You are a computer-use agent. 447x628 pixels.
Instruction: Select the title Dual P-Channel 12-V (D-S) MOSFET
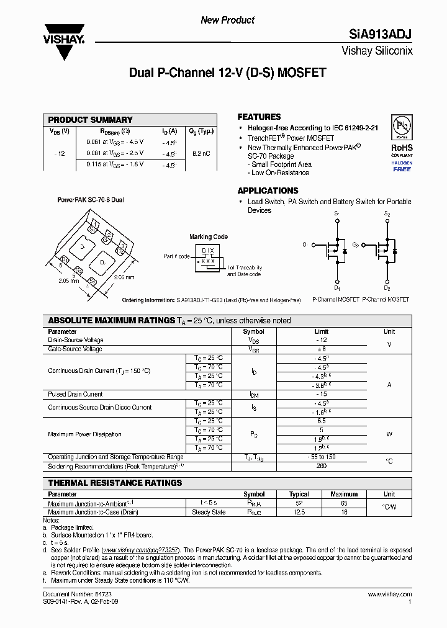[x=227, y=73]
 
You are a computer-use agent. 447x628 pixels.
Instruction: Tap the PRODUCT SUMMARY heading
[x=90, y=120]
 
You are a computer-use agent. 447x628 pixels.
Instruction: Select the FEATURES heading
[x=259, y=117]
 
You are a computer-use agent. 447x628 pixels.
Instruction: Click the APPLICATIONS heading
[x=268, y=191]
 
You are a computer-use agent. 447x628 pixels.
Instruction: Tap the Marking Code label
[x=209, y=236]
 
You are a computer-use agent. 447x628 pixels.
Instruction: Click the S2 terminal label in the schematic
[x=387, y=214]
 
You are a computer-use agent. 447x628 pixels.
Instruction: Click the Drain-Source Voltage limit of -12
[x=321, y=340]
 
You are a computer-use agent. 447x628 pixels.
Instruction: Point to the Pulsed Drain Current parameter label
[x=75, y=394]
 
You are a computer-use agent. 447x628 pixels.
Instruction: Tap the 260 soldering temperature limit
[x=321, y=465]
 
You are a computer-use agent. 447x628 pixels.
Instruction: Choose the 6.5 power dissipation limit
[x=321, y=421]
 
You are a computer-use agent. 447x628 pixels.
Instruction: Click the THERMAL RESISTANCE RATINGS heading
[x=115, y=483]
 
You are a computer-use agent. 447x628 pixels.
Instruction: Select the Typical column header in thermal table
[x=299, y=495]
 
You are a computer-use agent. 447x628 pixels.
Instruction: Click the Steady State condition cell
[x=209, y=512]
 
